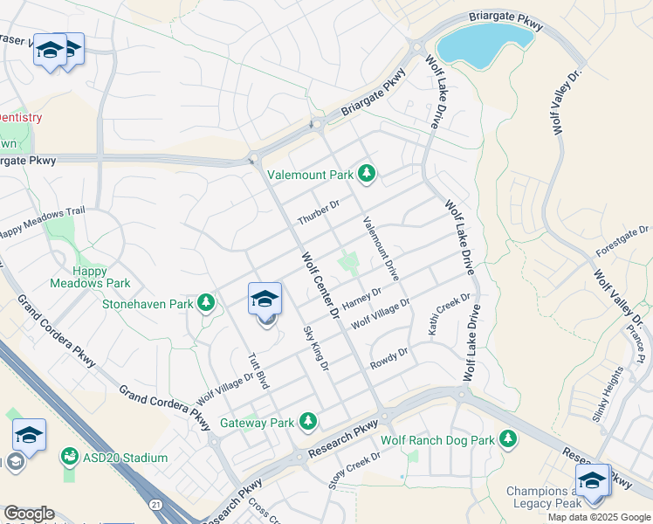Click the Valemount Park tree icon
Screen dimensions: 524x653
(368, 175)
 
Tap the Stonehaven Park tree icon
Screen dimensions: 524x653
(206, 304)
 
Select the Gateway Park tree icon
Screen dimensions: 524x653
(307, 423)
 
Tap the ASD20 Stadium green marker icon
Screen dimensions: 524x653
(68, 457)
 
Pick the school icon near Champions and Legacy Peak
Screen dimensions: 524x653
(592, 481)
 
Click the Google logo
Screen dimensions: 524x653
(29, 514)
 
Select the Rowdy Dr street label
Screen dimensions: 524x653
(388, 358)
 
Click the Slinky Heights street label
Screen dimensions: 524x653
(608, 394)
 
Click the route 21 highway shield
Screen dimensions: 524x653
(155, 504)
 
